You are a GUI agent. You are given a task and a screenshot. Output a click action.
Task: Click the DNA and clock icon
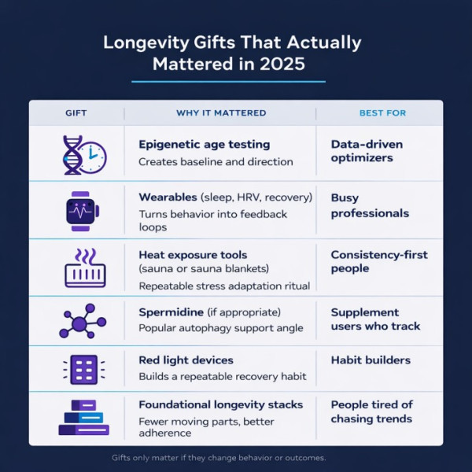coord(83,153)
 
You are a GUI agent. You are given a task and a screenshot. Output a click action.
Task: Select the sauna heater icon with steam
coord(84,267)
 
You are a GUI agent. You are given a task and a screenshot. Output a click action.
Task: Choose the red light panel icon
coord(83,368)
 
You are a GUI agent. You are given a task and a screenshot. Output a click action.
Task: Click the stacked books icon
coord(83,418)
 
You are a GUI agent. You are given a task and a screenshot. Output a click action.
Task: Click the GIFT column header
coord(76,113)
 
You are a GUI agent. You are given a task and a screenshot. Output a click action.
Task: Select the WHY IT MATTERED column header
coord(221,113)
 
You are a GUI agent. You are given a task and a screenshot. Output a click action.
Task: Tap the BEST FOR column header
coord(382,113)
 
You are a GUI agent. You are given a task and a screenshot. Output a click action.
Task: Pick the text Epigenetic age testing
coord(204,145)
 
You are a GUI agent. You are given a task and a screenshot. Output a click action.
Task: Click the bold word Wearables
coord(167,197)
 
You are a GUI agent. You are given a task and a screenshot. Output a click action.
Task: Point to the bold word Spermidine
coord(169,312)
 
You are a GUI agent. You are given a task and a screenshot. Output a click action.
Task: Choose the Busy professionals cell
coord(370,205)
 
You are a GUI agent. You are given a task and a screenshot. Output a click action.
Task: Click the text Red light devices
coord(186,360)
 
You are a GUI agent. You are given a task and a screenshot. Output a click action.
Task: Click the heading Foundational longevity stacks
coord(220,404)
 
